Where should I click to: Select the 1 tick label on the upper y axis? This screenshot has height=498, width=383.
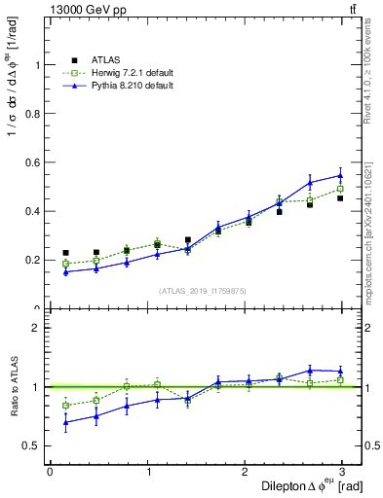tap(40, 65)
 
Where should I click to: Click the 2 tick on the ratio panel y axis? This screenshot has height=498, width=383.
tap(40, 328)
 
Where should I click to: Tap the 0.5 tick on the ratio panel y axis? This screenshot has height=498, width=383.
tap(35, 445)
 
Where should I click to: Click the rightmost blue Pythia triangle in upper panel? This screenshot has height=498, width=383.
tap(340, 176)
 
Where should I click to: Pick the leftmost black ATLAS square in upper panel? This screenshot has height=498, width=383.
tap(65, 253)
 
